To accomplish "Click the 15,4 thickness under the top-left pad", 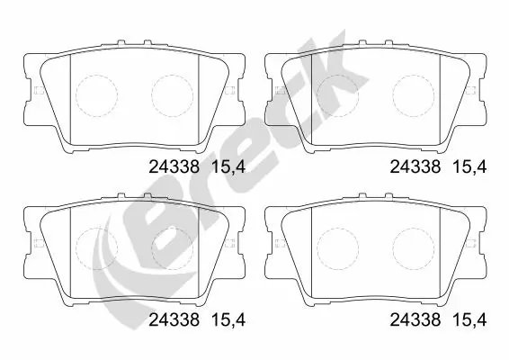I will (227, 165).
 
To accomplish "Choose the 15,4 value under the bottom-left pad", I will (227, 319).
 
